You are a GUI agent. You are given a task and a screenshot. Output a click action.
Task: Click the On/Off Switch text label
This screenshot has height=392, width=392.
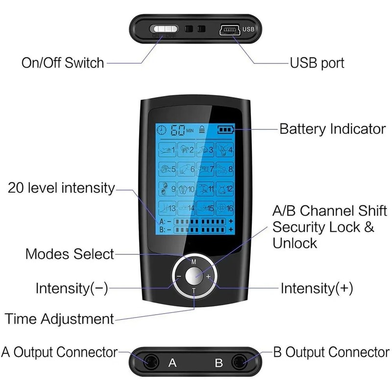point(63,63)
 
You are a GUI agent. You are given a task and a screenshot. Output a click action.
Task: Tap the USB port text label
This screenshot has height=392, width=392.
point(317,63)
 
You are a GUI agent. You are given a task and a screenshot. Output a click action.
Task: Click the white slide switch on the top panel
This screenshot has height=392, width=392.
point(165,29)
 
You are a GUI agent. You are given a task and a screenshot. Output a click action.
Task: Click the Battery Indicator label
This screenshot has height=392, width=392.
point(332,129)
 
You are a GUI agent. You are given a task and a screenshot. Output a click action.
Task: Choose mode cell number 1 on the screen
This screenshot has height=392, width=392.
point(167,149)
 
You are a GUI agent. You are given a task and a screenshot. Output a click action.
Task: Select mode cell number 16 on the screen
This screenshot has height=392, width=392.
point(224,208)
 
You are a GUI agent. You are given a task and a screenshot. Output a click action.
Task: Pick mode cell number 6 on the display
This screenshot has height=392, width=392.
point(186,169)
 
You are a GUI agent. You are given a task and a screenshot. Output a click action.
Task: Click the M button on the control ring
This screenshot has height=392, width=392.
point(194,261)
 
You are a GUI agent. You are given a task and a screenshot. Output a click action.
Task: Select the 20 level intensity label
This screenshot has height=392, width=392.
point(61,188)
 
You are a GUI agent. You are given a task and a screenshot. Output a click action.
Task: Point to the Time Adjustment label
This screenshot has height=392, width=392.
point(59,318)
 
